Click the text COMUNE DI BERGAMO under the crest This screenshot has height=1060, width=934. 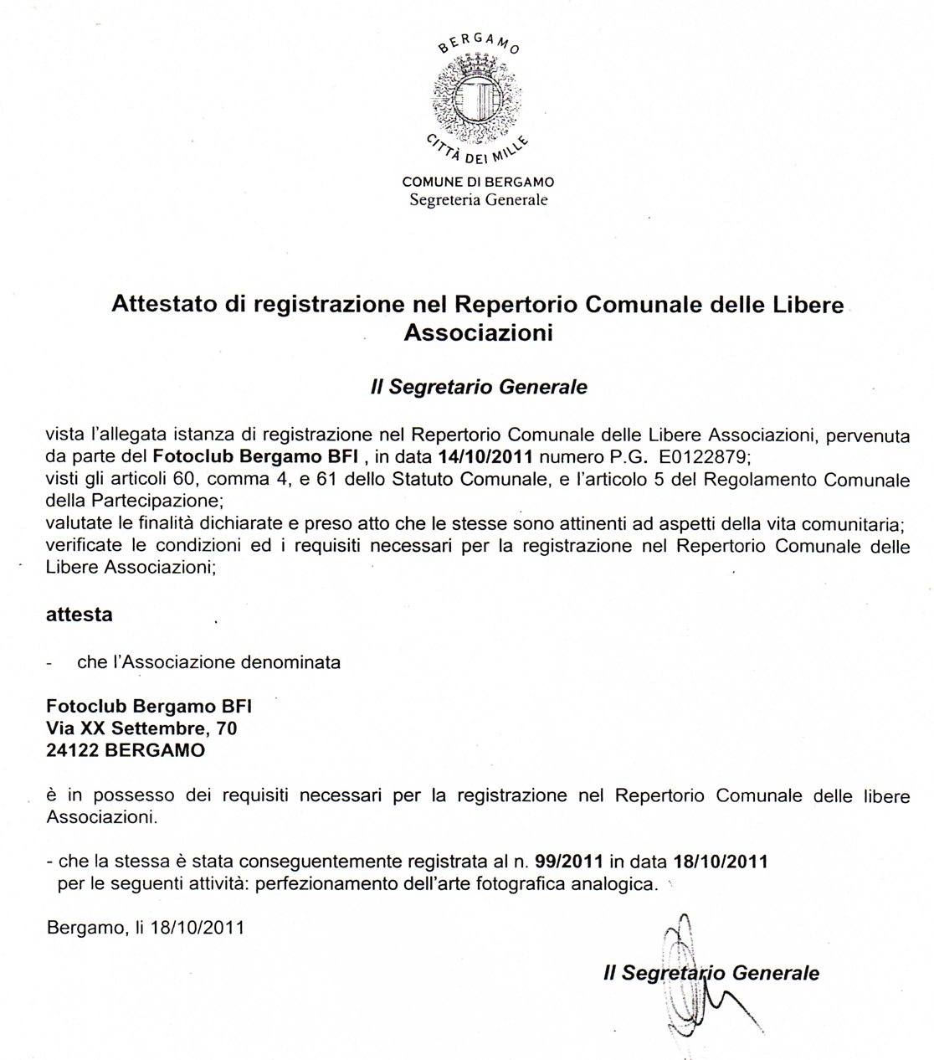(x=478, y=182)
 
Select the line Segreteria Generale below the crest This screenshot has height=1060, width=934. (x=478, y=200)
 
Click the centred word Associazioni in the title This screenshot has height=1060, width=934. (x=478, y=332)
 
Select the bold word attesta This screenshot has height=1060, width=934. (x=79, y=614)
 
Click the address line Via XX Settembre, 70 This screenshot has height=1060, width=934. (x=141, y=728)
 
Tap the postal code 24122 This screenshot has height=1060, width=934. (x=73, y=751)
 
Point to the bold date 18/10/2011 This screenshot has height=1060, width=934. (x=721, y=861)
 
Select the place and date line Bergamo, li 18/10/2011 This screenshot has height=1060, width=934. (x=146, y=928)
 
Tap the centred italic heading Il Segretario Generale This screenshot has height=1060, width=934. (x=478, y=388)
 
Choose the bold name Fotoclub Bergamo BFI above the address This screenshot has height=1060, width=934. (x=148, y=706)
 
